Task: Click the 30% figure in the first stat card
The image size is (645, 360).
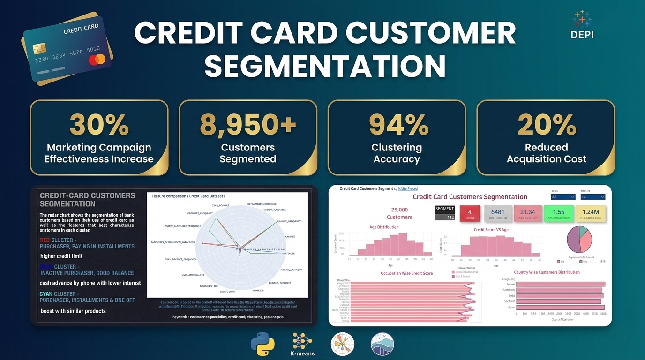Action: point(99,124)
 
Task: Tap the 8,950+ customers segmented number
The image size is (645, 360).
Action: point(248,124)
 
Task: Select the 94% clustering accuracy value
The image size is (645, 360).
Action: point(397,124)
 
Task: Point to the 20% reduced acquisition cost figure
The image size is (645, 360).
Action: point(546,124)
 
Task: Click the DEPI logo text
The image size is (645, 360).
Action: point(582,35)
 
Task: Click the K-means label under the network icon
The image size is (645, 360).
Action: point(302,353)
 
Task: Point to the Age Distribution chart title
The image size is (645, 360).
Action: point(384,227)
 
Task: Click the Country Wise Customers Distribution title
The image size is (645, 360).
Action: point(547,272)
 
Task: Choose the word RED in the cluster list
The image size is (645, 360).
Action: point(45,240)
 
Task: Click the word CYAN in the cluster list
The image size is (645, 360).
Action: point(46,294)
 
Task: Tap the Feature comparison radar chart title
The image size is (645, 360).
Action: point(188,196)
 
